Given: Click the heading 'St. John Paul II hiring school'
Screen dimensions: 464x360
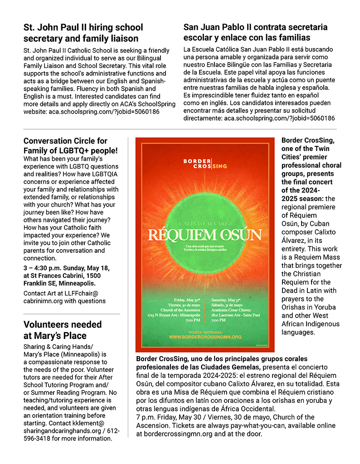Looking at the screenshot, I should coord(83,27).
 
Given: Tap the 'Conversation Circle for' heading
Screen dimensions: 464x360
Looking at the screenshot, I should coord(65,140).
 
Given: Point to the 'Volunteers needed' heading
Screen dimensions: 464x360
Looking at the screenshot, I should coord(63,324).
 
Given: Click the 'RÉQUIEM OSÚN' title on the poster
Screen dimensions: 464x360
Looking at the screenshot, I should coord(205,236).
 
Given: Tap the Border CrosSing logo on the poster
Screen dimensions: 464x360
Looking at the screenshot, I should coord(205,164).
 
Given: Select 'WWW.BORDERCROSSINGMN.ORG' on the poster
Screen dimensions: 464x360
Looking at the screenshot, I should coord(205,337).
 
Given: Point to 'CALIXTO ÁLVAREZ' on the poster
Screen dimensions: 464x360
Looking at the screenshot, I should coord(205,223).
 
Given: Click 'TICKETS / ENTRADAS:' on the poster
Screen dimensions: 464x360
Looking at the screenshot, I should coord(205,332).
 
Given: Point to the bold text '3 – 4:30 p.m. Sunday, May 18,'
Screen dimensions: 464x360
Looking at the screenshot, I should coord(66,268).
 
